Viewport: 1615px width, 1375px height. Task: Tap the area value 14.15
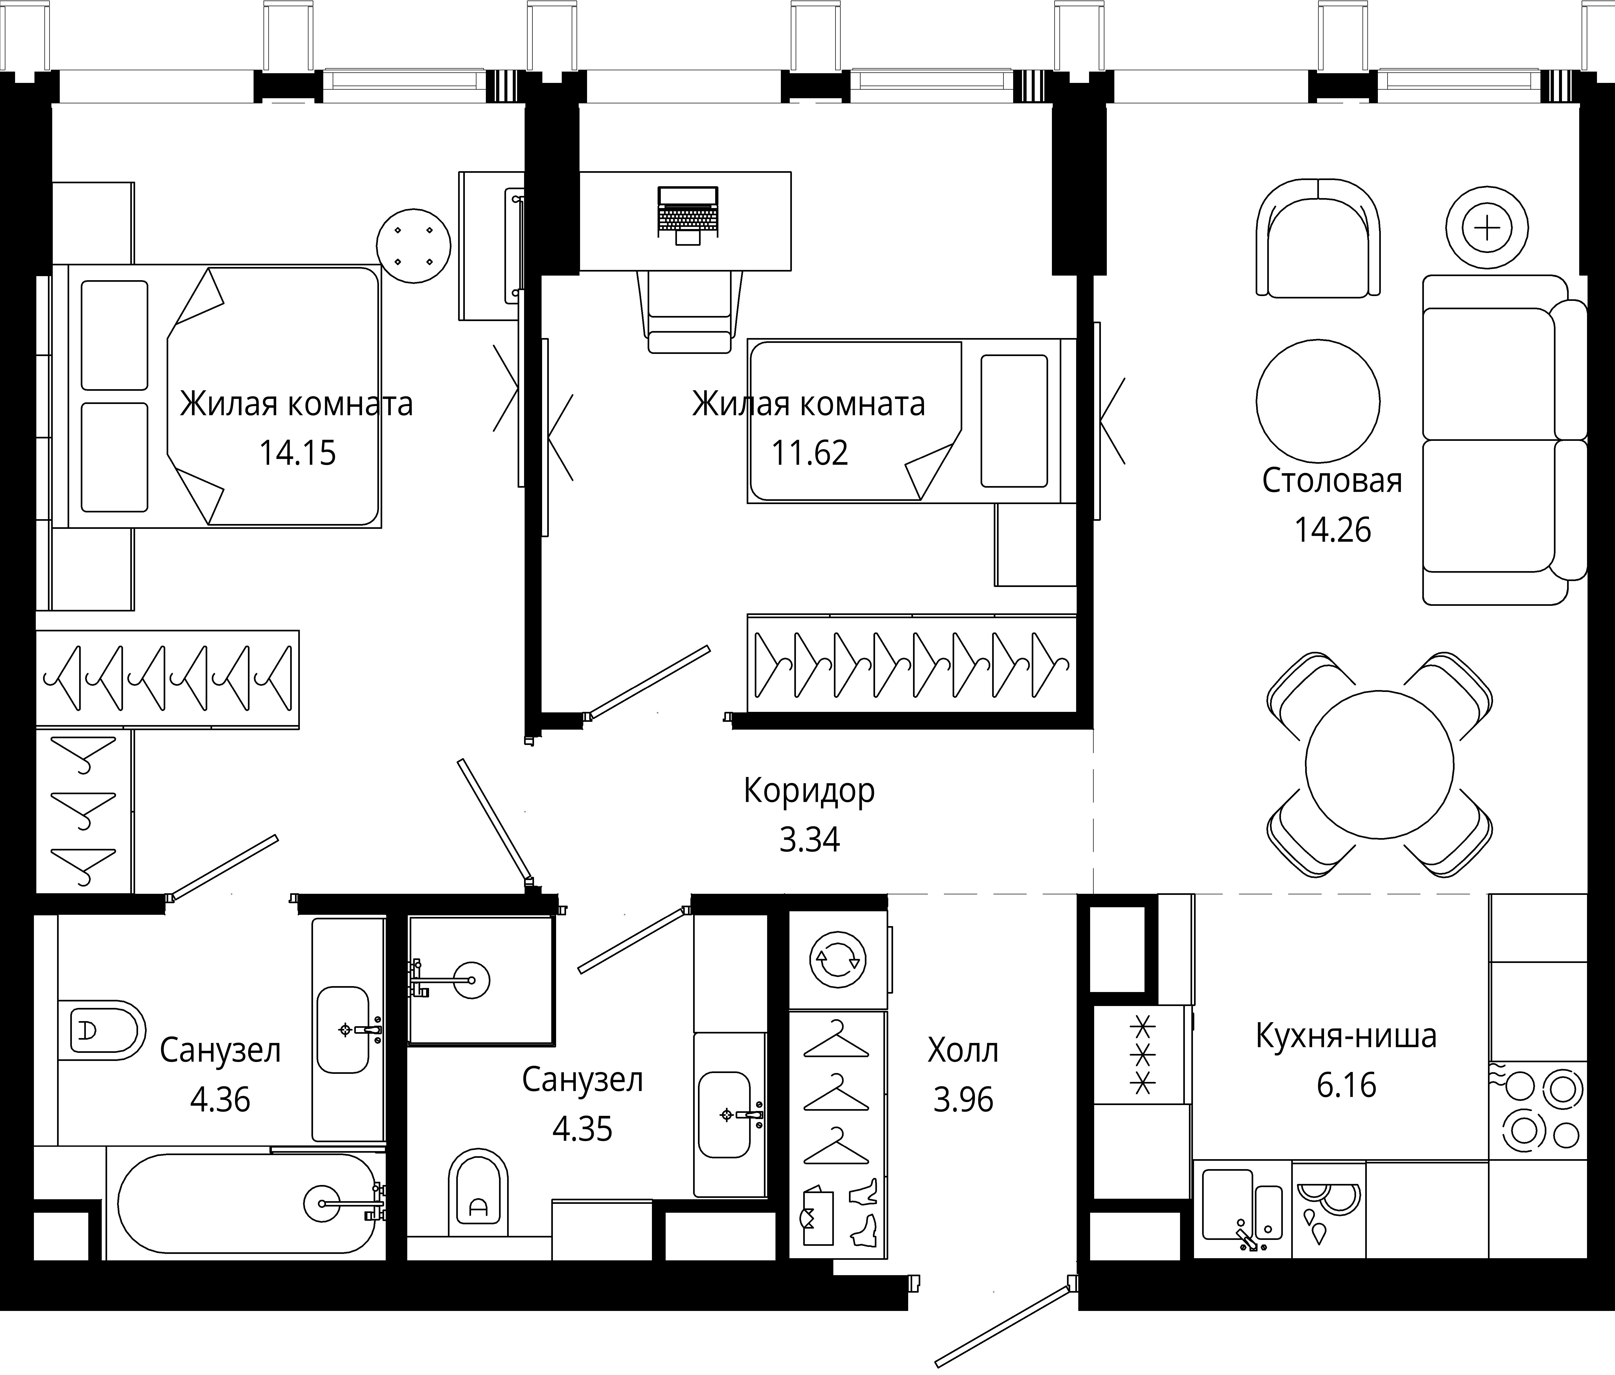click(298, 453)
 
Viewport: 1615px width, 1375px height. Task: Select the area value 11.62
click(810, 453)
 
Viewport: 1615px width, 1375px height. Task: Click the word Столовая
click(1332, 481)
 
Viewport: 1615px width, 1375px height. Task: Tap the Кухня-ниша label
click(1346, 1036)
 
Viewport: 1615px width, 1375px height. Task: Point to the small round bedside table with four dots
click(414, 245)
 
